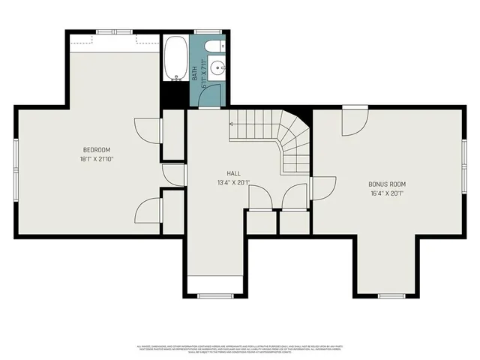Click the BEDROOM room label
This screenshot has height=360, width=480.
97,150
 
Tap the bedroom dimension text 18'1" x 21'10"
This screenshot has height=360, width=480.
97,159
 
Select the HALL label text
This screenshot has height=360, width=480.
233,173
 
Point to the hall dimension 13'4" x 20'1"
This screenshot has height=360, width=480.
233,182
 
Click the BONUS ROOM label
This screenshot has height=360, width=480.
387,184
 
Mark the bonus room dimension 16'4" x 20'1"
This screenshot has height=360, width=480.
387,193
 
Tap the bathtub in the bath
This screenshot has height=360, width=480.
175,58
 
